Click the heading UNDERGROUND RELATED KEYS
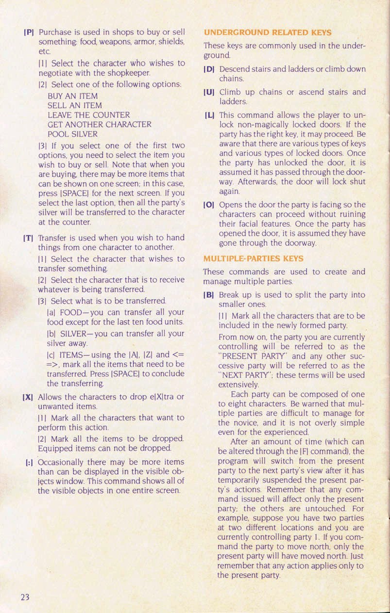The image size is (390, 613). [x=268, y=33]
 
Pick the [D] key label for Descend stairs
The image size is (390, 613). [x=210, y=69]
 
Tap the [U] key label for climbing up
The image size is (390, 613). [x=210, y=92]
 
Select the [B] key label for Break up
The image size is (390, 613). [x=210, y=295]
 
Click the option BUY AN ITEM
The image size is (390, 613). [x=72, y=96]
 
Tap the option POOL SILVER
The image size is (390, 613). [x=72, y=134]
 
